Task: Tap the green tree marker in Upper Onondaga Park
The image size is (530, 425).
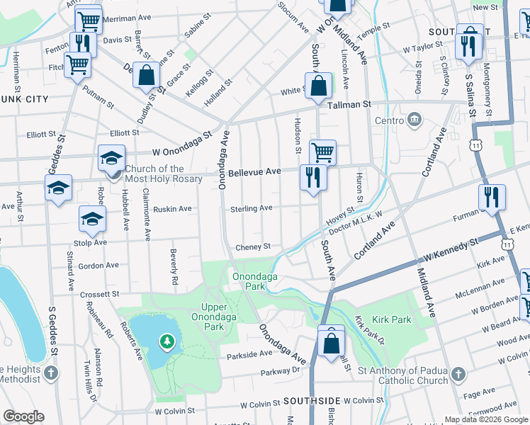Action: click(x=167, y=343)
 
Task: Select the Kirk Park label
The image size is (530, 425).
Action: click(x=393, y=319)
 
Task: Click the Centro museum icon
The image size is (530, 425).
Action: click(x=415, y=120)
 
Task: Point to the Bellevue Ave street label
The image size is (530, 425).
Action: click(x=254, y=172)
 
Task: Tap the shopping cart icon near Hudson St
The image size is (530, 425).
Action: click(x=322, y=151)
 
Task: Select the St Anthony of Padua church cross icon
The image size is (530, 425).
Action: click(x=458, y=373)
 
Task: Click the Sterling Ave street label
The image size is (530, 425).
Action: click(x=251, y=208)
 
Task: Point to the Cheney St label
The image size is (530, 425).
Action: click(x=253, y=246)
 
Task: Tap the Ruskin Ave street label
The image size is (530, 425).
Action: click(x=173, y=209)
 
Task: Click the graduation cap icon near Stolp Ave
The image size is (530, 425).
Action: click(x=92, y=219)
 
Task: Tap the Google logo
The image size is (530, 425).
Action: click(x=23, y=416)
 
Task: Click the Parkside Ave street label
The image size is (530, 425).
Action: click(x=246, y=353)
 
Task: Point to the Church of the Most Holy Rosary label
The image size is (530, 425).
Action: click(x=164, y=174)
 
